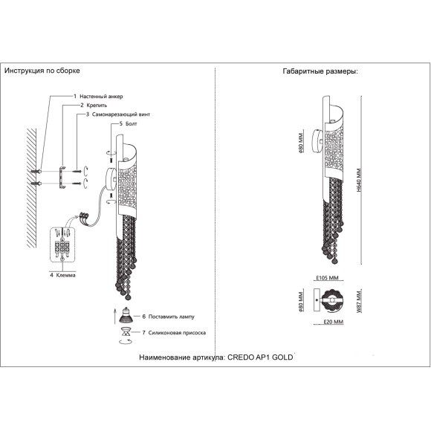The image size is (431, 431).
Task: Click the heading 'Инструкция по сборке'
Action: (42, 71)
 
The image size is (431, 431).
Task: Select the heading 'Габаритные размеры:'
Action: (320, 71)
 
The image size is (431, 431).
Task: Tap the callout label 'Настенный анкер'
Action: (101, 97)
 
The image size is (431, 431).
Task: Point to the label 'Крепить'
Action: (97, 106)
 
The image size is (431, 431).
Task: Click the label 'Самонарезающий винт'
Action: (121, 114)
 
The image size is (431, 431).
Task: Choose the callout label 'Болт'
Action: (131, 123)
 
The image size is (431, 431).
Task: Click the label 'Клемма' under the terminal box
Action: (65, 275)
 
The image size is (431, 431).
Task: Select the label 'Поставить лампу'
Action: (171, 317)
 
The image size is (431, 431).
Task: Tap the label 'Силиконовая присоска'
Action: (177, 333)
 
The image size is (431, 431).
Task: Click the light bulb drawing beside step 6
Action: (126, 315)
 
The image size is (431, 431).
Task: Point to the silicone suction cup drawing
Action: (126, 331)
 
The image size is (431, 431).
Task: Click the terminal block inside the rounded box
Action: (62, 247)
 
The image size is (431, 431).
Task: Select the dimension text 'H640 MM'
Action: (358, 180)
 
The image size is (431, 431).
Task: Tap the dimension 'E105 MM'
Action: (327, 278)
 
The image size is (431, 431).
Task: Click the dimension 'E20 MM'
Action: (334, 322)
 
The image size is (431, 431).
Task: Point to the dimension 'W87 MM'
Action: (359, 301)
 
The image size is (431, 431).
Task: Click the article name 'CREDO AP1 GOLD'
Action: (260, 357)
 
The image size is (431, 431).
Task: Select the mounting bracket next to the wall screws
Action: (62, 178)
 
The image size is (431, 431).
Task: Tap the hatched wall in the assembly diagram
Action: (31, 188)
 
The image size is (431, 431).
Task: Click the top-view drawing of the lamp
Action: (328, 300)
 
